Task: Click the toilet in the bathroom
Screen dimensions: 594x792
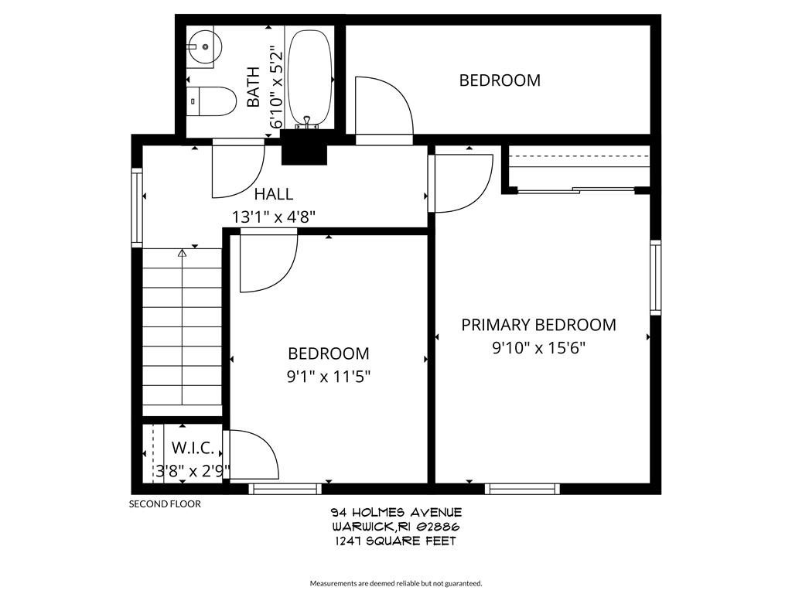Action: coord(212,101)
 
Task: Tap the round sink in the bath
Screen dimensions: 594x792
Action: coord(204,47)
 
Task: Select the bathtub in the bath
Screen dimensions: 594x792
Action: coord(309,77)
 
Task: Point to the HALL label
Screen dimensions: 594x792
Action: coord(273,194)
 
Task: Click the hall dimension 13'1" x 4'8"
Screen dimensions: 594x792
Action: coord(273,217)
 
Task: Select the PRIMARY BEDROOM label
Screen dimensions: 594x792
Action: coord(538,325)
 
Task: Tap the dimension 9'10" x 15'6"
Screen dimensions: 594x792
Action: coord(538,348)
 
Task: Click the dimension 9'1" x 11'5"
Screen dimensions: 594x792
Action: coord(329,377)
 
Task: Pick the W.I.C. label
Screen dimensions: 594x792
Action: coord(193,448)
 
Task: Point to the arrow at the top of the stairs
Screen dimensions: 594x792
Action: coord(183,252)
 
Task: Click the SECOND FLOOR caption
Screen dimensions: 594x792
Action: coord(164,504)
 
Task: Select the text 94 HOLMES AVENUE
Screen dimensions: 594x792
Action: coord(396,513)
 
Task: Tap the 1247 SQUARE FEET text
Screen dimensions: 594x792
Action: coord(396,541)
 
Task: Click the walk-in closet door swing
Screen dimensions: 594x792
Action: coord(252,456)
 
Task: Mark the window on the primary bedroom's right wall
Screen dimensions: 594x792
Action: coord(655,277)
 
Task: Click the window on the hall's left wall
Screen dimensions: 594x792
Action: coord(137,207)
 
